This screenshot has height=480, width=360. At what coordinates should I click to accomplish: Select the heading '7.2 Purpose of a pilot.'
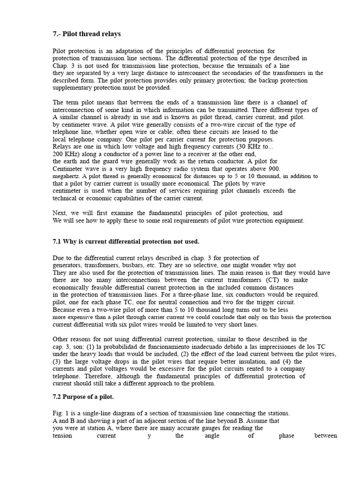[x=83, y=397]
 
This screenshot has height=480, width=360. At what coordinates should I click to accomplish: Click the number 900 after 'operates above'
[x=274, y=169]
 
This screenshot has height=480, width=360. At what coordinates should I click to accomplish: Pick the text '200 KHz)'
[x=65, y=154]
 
